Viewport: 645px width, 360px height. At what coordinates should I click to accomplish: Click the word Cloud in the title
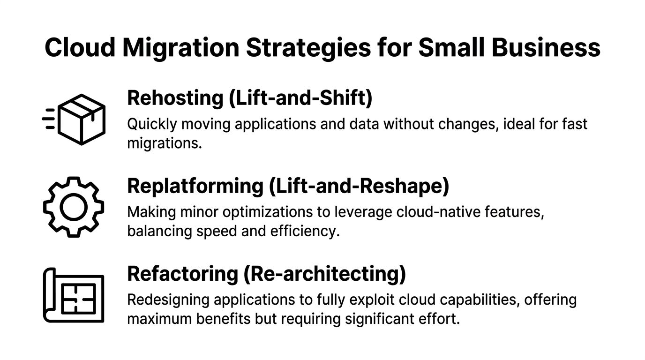80,47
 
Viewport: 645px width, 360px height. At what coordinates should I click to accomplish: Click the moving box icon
74,120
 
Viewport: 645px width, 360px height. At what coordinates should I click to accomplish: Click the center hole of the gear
74,207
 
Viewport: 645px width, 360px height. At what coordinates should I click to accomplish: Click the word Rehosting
175,99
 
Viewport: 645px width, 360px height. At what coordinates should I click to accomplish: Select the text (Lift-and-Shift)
300,98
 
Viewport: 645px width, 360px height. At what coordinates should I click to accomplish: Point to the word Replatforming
195,187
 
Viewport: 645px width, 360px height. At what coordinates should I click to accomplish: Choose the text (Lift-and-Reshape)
359,187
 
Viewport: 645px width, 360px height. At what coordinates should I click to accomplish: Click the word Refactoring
182,274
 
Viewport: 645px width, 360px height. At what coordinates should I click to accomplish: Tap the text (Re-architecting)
325,274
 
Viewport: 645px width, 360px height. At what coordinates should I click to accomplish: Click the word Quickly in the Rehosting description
152,125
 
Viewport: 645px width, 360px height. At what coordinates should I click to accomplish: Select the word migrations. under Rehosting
165,143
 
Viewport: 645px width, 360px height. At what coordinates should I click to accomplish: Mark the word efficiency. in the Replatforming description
305,231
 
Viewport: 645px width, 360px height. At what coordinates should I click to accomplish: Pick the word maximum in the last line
159,319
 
